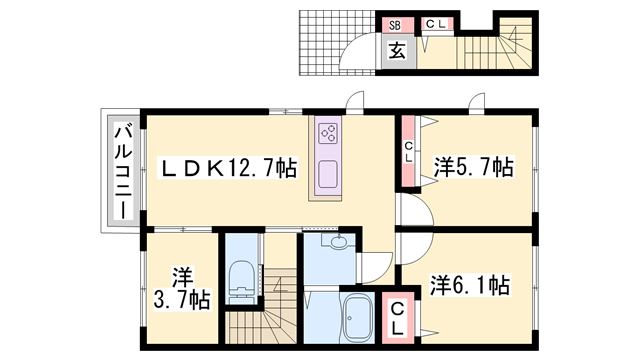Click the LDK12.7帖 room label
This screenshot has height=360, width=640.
pyautogui.click(x=229, y=168)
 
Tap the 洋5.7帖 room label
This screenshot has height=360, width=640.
pyautogui.click(x=472, y=167)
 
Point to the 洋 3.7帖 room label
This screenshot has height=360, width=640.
pyautogui.click(x=182, y=286)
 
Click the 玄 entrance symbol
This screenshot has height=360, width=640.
pyautogui.click(x=395, y=51)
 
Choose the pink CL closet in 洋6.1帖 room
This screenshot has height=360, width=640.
pyautogui.click(x=397, y=318)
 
